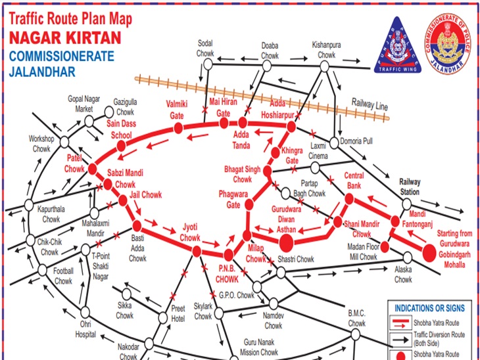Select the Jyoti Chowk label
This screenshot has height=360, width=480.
(191, 232)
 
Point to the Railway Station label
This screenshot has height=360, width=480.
(410, 187)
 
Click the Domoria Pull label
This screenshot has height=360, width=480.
(358, 141)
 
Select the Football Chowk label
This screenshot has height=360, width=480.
(63, 277)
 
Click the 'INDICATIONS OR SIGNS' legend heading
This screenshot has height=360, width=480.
(429, 308)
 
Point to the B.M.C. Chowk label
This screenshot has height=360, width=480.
(356, 319)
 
